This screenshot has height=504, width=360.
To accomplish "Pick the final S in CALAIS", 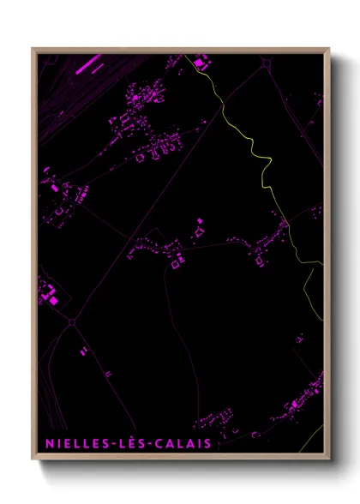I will point(207,444).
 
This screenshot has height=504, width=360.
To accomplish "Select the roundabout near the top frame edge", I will point(269,63).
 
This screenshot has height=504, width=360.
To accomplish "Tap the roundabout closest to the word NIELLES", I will point(71,321).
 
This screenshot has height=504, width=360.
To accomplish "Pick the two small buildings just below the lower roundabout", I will point(83,351).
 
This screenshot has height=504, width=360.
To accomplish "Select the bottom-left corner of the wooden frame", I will point(33,459).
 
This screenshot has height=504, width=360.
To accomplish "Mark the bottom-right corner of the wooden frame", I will point(329,459).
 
